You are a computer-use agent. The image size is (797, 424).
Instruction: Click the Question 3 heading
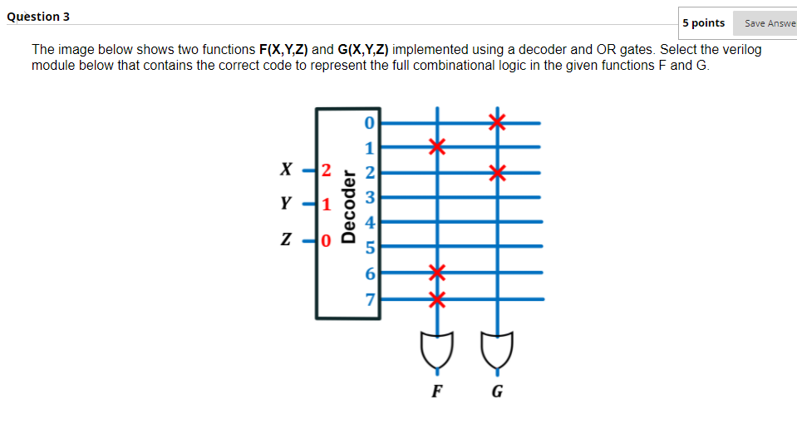[x=38, y=17]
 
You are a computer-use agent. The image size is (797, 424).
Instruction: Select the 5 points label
[x=703, y=23]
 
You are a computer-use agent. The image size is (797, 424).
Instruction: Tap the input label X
[x=286, y=171]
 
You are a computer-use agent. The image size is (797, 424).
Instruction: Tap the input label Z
[x=286, y=240]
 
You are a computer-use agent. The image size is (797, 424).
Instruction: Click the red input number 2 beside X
[x=326, y=172]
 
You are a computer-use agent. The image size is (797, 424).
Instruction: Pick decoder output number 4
[x=371, y=222]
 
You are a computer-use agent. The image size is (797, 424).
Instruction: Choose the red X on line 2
[x=497, y=173]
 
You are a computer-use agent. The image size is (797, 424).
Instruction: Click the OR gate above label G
[x=497, y=349]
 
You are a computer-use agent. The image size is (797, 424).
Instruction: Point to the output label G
[x=497, y=392]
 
